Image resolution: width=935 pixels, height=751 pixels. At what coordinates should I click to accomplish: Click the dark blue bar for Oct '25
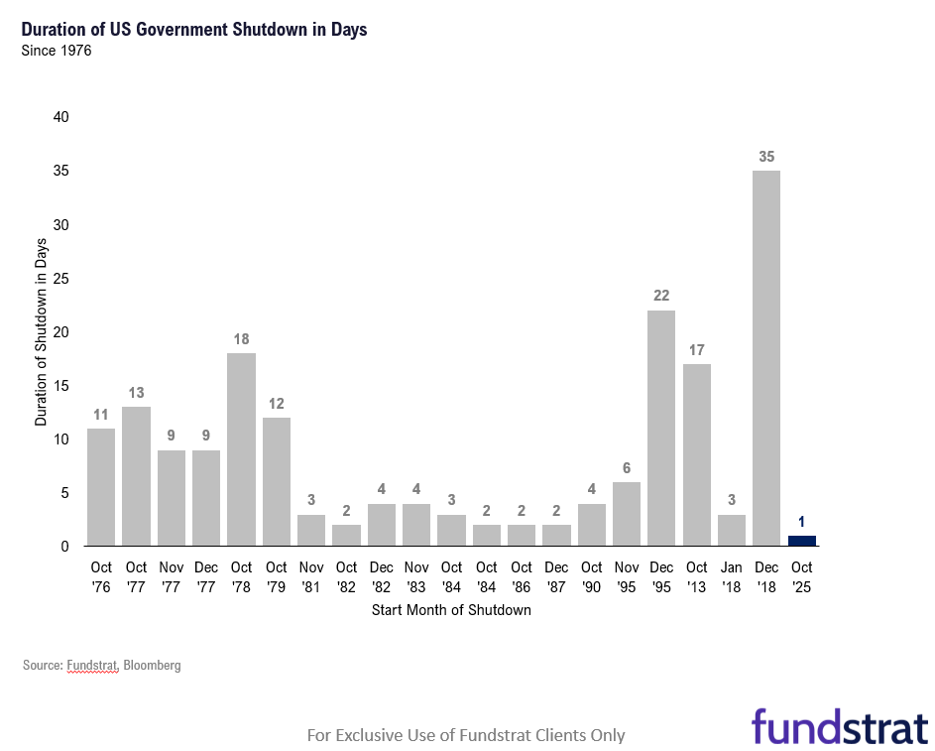click(x=801, y=541)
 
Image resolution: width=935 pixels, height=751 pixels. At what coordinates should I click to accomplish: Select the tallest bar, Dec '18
click(x=766, y=358)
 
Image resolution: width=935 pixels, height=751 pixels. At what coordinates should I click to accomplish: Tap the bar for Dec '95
click(x=661, y=428)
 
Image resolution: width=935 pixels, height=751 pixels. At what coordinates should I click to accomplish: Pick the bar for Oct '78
click(x=241, y=449)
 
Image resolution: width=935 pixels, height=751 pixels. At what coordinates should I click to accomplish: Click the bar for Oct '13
click(x=696, y=454)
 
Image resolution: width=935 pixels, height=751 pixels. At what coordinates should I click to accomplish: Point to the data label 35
click(x=766, y=157)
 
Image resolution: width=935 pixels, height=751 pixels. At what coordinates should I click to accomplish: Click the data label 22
click(x=661, y=296)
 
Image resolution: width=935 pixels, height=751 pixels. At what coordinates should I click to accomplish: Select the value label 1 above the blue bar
click(x=801, y=522)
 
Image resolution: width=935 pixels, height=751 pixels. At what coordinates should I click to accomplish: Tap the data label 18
click(x=241, y=339)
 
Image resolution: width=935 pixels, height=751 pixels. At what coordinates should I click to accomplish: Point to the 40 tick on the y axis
click(x=61, y=117)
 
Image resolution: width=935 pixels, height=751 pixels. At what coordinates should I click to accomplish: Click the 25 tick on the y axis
click(x=61, y=279)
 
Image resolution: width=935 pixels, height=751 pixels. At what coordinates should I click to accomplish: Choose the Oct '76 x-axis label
click(x=101, y=576)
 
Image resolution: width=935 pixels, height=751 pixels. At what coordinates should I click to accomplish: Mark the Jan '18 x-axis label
click(x=732, y=576)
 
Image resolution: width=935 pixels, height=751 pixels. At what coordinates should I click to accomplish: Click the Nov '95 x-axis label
click(x=626, y=576)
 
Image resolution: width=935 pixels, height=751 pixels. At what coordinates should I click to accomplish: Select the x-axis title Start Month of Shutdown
click(x=451, y=610)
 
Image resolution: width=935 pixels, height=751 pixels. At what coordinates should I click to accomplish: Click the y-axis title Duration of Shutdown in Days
click(x=41, y=331)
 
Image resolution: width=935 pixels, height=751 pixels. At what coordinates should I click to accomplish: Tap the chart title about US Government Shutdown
click(x=194, y=30)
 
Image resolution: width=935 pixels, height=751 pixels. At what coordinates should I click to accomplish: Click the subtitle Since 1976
click(x=57, y=51)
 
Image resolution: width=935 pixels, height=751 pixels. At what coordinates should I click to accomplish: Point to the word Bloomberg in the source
click(x=153, y=666)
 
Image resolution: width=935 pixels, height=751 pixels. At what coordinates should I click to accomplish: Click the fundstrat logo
click(x=839, y=726)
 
